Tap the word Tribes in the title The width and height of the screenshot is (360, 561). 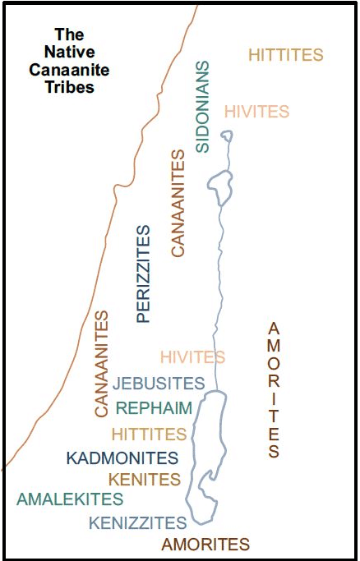(x=70, y=86)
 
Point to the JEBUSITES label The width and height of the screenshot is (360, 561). (x=159, y=383)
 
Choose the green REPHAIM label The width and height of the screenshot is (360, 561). (x=154, y=408)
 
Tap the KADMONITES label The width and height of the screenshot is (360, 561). (x=122, y=458)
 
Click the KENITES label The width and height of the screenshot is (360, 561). (x=144, y=479)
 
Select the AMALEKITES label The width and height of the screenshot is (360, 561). (x=70, y=499)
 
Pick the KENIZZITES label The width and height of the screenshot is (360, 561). (x=137, y=522)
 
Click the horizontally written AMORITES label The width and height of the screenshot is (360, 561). (x=205, y=544)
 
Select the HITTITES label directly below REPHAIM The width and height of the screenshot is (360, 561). (x=149, y=433)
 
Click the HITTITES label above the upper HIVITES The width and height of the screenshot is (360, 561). (x=285, y=56)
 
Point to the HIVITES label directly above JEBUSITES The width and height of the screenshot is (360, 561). (x=192, y=356)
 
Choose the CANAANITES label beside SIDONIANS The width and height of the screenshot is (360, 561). (x=178, y=203)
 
